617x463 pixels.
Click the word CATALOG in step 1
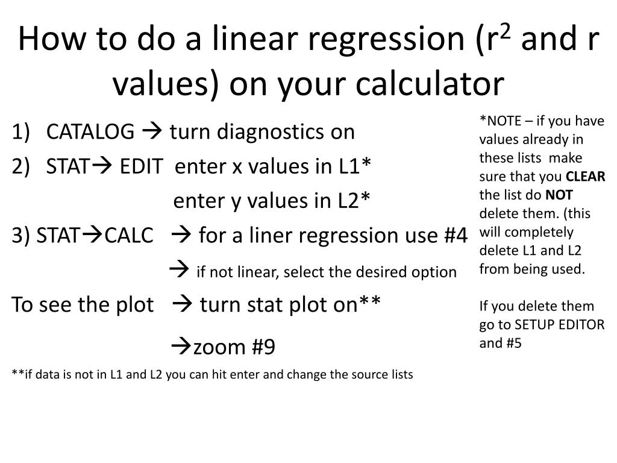pyautogui.click(x=90, y=131)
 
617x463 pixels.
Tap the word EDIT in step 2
pyautogui.click(x=141, y=166)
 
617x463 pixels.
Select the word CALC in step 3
pyautogui.click(x=129, y=236)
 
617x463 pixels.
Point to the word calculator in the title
pyautogui.click(x=430, y=83)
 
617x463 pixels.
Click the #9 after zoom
pyautogui.click(x=263, y=347)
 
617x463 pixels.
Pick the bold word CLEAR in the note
pyautogui.click(x=586, y=177)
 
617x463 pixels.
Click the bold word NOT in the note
pyautogui.click(x=559, y=195)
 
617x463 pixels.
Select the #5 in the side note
pyautogui.click(x=513, y=343)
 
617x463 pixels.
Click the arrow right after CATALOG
pyautogui.click(x=151, y=131)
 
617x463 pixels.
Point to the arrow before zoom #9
pyautogui.click(x=181, y=347)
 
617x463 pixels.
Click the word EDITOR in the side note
pyautogui.click(x=579, y=324)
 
